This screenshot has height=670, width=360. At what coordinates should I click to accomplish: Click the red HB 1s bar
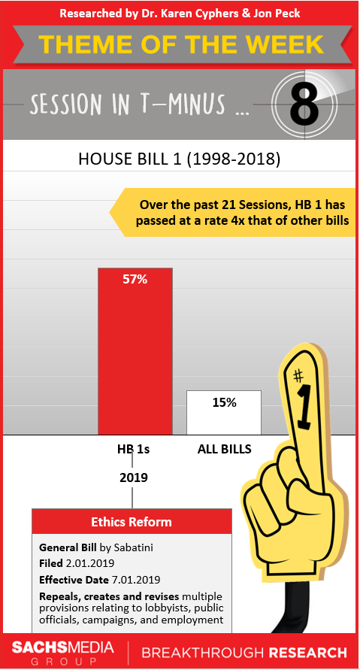click(135, 351)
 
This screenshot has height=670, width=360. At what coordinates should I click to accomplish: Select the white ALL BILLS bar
click(224, 412)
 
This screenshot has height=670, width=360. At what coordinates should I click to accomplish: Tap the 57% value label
click(135, 280)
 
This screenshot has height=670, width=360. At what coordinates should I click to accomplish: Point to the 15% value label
click(224, 402)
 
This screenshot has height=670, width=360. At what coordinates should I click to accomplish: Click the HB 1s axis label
click(134, 449)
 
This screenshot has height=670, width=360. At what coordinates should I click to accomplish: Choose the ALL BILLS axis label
click(224, 449)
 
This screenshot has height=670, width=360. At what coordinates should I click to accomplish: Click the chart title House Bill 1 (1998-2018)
click(180, 159)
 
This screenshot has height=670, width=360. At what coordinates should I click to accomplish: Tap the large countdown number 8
click(304, 105)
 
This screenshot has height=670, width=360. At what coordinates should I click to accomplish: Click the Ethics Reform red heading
click(132, 522)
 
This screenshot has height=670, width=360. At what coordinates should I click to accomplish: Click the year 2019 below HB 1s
click(133, 477)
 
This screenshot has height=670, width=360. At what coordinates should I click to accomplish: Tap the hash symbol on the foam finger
click(299, 376)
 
